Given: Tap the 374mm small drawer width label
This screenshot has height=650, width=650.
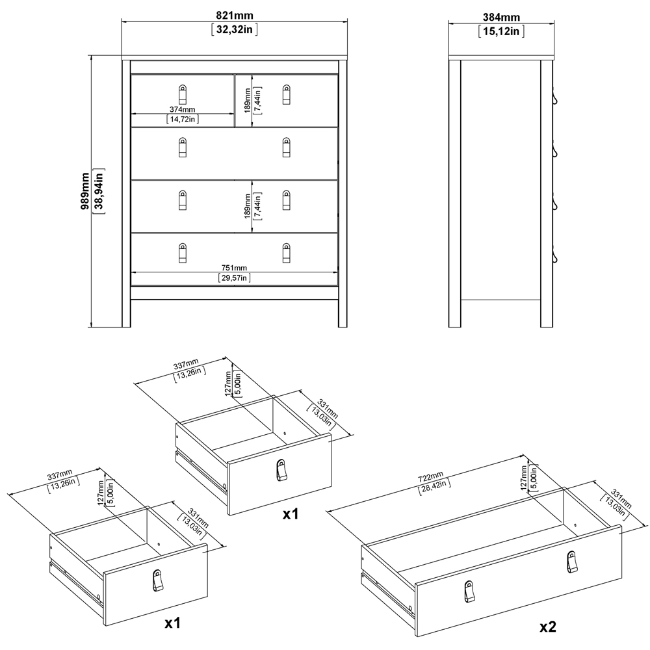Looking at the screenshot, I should click(x=183, y=109).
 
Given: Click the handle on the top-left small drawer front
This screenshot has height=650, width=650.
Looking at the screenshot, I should click(x=183, y=95).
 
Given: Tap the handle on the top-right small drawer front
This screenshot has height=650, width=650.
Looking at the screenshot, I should click(x=287, y=95).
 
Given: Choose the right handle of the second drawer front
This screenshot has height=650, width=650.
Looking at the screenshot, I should click(x=287, y=148).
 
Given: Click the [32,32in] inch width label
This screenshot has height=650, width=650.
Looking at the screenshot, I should click(x=234, y=31).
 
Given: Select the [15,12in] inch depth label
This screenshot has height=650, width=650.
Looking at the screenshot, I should click(x=500, y=31).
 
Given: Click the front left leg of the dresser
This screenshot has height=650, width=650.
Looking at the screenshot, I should click(x=126, y=312).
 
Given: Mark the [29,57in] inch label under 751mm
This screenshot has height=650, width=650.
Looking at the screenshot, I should click(x=234, y=278).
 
